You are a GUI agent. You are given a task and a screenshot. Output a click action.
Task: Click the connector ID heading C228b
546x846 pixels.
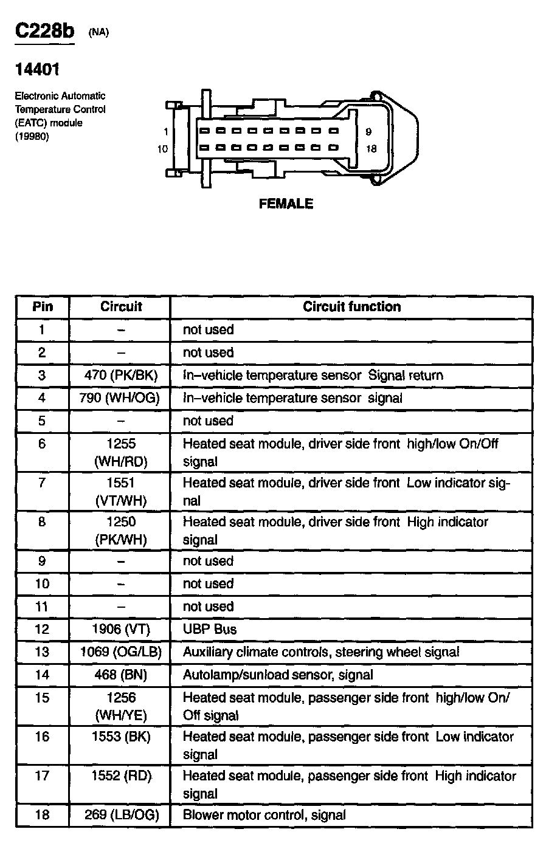[x=44, y=32]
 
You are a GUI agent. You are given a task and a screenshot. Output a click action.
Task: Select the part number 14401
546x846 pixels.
[x=37, y=70]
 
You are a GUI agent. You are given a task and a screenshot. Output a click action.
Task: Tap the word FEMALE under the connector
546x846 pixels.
[x=286, y=204]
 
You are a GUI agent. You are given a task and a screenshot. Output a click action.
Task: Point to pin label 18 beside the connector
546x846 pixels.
[x=371, y=148]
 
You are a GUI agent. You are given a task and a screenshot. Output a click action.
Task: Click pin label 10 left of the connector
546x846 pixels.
[x=162, y=148]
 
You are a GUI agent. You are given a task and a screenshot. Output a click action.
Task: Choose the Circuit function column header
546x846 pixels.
[x=351, y=307]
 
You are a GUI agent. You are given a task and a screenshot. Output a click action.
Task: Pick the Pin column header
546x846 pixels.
[x=43, y=307]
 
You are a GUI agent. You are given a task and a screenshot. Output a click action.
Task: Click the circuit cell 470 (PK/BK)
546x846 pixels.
[x=120, y=376]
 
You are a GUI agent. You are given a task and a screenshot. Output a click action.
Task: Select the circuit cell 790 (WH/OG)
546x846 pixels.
[x=120, y=398]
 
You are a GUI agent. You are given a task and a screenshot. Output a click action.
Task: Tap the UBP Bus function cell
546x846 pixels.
[x=210, y=630]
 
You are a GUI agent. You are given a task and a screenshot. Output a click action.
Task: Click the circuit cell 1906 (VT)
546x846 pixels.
[x=120, y=630]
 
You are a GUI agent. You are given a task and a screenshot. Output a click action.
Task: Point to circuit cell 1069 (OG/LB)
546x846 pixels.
[x=120, y=652]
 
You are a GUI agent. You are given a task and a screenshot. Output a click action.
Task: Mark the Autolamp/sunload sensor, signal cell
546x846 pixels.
[x=278, y=675]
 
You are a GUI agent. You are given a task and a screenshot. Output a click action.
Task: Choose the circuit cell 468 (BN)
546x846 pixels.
[x=120, y=675]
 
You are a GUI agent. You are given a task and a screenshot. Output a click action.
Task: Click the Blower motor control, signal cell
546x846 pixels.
[x=264, y=816]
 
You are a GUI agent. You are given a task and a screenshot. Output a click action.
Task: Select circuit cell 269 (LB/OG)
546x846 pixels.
[x=120, y=816]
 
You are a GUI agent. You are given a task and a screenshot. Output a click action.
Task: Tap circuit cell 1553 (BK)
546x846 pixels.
[x=120, y=737]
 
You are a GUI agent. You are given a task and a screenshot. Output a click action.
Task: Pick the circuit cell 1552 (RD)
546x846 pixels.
[x=120, y=776]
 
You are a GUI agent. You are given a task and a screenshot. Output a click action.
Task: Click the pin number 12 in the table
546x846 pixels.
[x=42, y=630]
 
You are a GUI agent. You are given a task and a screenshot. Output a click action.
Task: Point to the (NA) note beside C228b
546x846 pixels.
[x=98, y=33]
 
